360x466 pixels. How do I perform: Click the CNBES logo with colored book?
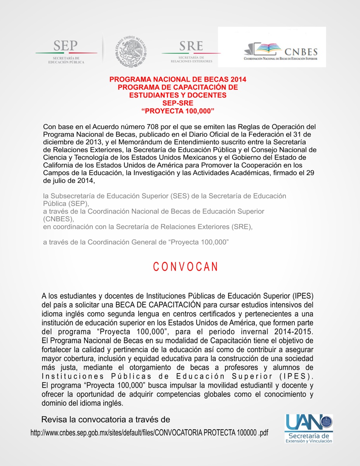280,51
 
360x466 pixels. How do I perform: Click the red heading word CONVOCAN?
185,267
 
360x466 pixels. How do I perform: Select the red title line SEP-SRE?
177,103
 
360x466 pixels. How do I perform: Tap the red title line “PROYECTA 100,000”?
178,111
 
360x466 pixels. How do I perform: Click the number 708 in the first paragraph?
149,127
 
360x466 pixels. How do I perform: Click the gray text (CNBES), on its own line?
59,219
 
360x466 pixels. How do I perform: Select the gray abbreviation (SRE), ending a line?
242,227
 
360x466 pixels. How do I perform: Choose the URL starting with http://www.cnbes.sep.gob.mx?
150,433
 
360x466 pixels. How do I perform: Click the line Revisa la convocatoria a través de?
106,420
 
